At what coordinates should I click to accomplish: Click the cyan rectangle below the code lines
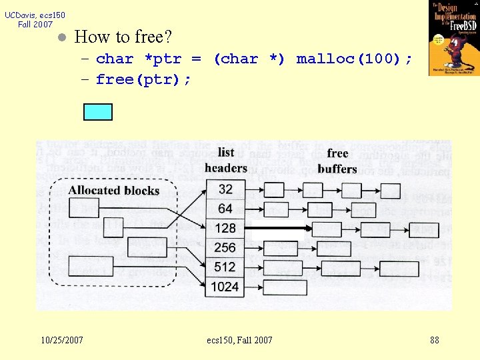pyautogui.click(x=97, y=112)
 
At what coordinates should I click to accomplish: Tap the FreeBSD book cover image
pyautogui.click(x=453, y=38)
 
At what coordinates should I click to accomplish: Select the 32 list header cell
pyautogui.click(x=225, y=189)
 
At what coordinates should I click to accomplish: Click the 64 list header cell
pyautogui.click(x=225, y=209)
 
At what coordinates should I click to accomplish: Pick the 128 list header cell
pyautogui.click(x=225, y=228)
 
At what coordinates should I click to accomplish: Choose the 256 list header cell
pyautogui.click(x=225, y=247)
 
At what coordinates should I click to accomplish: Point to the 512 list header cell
pyautogui.click(x=225, y=267)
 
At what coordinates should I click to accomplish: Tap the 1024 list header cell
pyautogui.click(x=225, y=287)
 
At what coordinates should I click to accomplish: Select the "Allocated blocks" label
pyautogui.click(x=113, y=191)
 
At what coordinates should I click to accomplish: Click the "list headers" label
pyautogui.click(x=226, y=160)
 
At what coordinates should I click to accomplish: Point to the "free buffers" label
pyautogui.click(x=337, y=161)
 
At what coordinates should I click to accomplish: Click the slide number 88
pyautogui.click(x=435, y=340)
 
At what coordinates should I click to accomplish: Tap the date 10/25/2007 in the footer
pyautogui.click(x=62, y=340)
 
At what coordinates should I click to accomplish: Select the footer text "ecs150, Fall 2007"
pyautogui.click(x=240, y=340)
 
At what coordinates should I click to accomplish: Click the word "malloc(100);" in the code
pyautogui.click(x=354, y=59)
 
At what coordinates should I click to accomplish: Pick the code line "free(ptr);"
pyautogui.click(x=143, y=80)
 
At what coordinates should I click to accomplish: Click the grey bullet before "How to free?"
pyautogui.click(x=61, y=37)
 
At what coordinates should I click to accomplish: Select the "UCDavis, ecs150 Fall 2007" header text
pyautogui.click(x=35, y=19)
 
